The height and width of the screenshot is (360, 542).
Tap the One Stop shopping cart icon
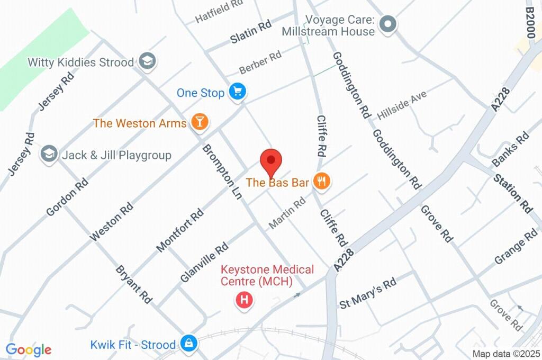(237, 93)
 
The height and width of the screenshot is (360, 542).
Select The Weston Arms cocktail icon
(200, 122)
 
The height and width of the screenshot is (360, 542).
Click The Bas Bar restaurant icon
(322, 182)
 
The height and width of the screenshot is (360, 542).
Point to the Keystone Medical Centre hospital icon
(244, 301)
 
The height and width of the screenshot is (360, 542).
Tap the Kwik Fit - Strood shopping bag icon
(188, 344)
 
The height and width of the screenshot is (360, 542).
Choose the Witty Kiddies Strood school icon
(146, 61)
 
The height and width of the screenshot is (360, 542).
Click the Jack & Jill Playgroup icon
(49, 155)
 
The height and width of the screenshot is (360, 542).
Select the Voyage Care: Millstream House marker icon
(389, 24)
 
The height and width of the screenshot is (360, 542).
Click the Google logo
(29, 349)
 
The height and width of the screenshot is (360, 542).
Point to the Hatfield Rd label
(219, 11)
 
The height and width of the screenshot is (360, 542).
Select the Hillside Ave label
(402, 105)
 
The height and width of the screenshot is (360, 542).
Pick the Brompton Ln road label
(222, 172)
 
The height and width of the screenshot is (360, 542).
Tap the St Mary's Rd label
(368, 293)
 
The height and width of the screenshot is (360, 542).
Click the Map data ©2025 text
(505, 354)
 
